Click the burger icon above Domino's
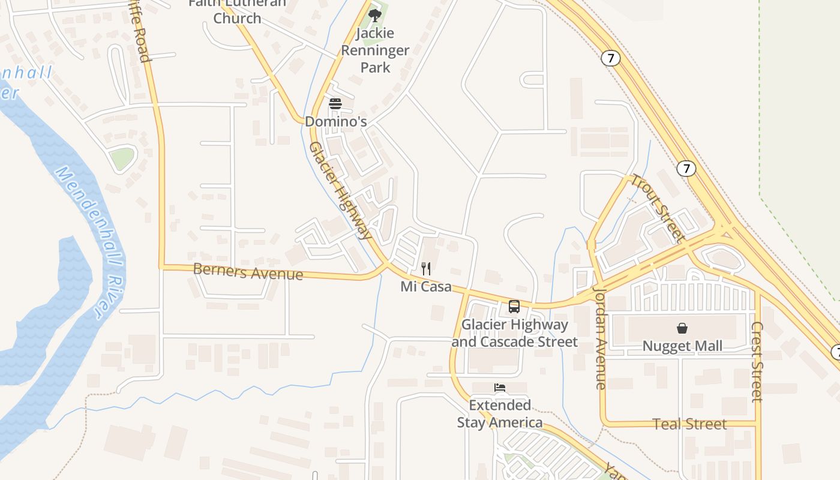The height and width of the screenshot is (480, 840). [335, 104]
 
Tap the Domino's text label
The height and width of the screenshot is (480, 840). [335, 121]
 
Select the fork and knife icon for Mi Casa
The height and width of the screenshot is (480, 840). [426, 268]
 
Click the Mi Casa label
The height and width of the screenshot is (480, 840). [426, 287]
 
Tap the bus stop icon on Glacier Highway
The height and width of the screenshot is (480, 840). [514, 307]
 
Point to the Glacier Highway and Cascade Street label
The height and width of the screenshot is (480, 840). [514, 333]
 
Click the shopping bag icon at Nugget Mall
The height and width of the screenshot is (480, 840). [682, 328]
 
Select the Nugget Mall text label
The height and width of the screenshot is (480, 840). [682, 346]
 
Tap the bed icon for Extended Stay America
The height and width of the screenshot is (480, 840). [500, 388]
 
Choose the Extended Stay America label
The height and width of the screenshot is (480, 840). [500, 414]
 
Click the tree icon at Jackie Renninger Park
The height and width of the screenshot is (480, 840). [375, 16]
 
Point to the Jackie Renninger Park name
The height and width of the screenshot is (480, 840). [375, 50]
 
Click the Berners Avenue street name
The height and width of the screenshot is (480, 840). [248, 272]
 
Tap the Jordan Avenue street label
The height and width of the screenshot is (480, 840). [600, 338]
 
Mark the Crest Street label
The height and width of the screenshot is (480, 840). [757, 362]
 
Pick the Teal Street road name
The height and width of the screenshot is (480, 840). [689, 424]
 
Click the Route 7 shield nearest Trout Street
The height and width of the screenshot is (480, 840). [686, 169]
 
